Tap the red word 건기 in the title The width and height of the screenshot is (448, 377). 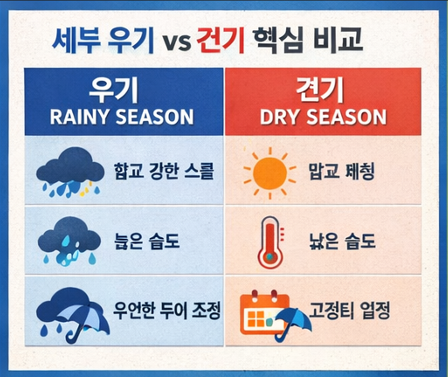coord(221,41)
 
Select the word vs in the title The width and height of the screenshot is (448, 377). coord(177,42)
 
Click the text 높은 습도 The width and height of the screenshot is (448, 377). coord(147,241)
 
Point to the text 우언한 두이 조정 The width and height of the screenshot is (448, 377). coord(167,311)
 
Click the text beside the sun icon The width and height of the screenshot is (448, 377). coord(341,172)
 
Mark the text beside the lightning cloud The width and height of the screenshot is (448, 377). coord(164,172)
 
